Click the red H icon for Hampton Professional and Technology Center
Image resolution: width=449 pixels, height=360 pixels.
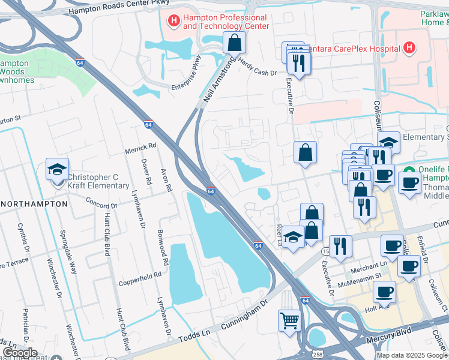click(x=174, y=22)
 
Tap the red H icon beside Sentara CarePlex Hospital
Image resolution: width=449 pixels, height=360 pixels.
click(x=409, y=47)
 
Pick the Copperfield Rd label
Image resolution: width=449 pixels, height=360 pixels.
click(x=140, y=274)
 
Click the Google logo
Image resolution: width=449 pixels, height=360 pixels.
click(x=19, y=352)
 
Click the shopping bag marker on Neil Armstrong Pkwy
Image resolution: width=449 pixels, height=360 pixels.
click(x=234, y=43)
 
